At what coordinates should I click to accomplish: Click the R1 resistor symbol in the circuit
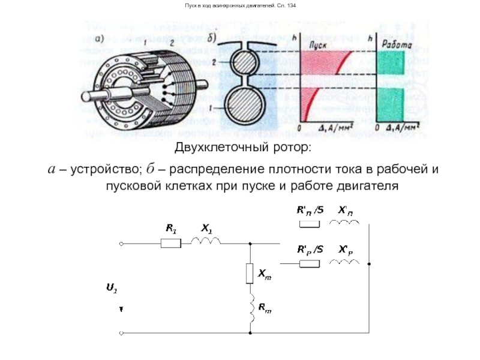tap(171, 243)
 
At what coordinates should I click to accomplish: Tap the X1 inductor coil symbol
tap(205, 241)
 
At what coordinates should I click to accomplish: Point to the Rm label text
tap(265, 308)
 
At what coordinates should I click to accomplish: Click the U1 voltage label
tap(112, 289)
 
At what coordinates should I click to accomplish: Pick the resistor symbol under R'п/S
tap(310, 224)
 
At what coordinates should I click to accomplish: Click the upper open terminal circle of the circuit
tap(121, 244)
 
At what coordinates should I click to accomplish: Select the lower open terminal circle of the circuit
tap(121, 332)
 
